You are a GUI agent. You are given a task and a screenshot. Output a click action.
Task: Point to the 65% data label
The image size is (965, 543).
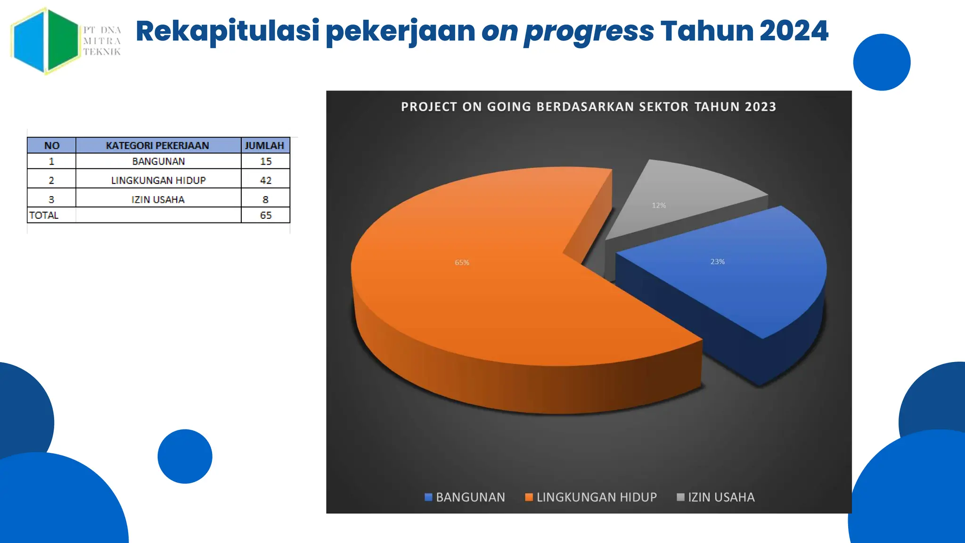(x=462, y=263)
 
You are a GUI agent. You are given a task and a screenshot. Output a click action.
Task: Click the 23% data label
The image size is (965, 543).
(x=717, y=262)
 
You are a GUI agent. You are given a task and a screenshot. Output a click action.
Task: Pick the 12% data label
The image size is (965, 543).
(x=659, y=206)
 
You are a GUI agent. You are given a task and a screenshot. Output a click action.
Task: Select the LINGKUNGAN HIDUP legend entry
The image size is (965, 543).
(x=591, y=497)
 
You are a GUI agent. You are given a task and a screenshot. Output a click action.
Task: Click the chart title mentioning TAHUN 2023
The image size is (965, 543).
(x=588, y=107)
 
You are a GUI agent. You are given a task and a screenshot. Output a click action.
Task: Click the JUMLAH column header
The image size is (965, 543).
(x=265, y=146)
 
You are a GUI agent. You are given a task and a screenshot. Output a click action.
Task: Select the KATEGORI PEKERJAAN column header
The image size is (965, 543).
(x=157, y=146)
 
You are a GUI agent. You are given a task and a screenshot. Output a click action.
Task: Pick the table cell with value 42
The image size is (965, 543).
(x=265, y=180)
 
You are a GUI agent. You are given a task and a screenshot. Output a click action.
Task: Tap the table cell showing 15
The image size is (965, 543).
(x=265, y=161)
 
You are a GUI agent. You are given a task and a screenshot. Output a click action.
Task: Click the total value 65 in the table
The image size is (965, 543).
(x=265, y=215)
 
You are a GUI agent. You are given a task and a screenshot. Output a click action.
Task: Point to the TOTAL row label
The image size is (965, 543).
(x=44, y=215)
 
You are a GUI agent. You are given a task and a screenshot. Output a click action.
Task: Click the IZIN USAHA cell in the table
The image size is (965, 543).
(x=157, y=199)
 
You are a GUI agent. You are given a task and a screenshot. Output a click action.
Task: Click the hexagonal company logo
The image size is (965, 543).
(x=46, y=41)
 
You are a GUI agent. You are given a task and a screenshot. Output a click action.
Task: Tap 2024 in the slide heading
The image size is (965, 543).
(x=794, y=31)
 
